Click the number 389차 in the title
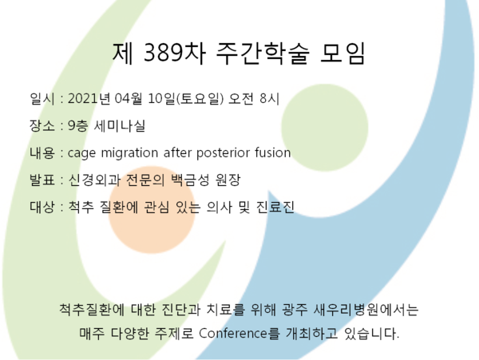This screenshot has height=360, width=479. tap(174, 53)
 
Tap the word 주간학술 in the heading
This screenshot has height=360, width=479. tap(263, 53)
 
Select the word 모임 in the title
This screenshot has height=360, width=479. tap(342, 53)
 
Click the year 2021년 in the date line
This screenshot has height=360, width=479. tap(89, 99)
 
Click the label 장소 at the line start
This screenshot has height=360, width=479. tap(42, 125)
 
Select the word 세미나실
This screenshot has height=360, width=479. tap(120, 125)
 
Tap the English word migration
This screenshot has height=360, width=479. tap(129, 152)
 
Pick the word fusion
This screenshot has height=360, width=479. tap(273, 152)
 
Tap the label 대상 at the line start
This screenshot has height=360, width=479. tap(42, 207)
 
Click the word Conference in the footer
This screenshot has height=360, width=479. tap(234, 333)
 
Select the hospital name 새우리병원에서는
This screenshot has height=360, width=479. tap(366, 310)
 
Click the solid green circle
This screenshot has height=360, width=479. tap(325, 128)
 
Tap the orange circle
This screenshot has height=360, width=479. tap(152, 210)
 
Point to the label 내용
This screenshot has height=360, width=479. tap(42, 152)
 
